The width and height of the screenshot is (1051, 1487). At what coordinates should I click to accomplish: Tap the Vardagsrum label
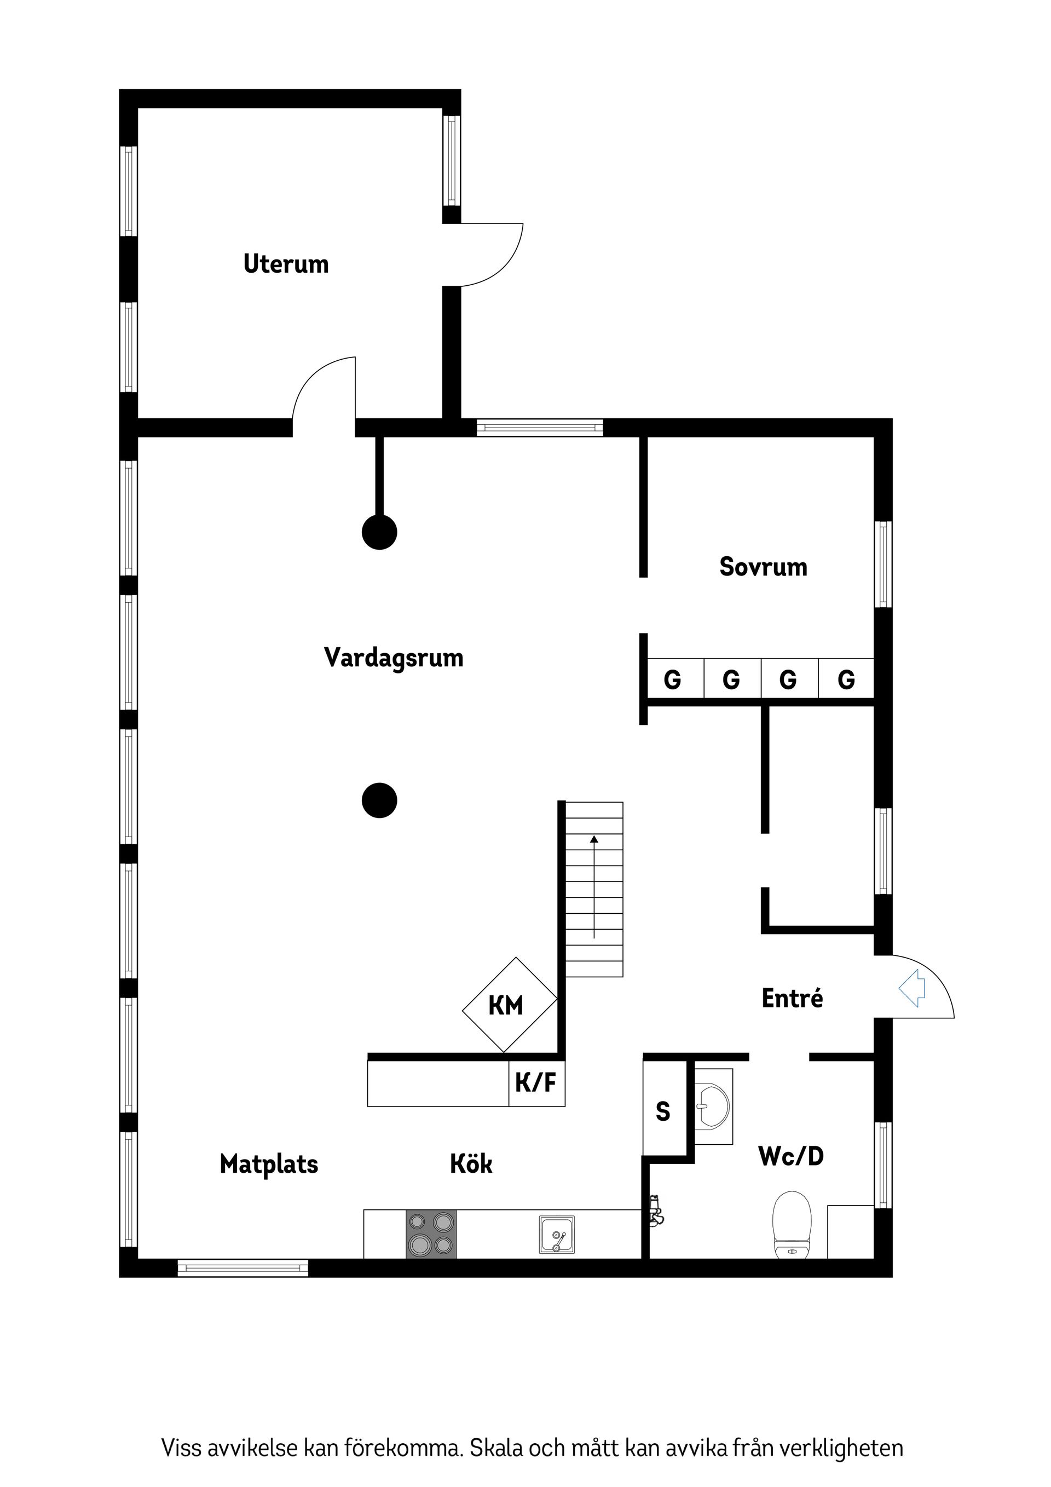pyautogui.click(x=394, y=658)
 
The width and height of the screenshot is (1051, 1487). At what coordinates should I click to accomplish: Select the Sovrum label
pyautogui.click(x=764, y=567)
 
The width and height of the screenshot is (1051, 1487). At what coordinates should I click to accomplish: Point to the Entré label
pyautogui.click(x=792, y=998)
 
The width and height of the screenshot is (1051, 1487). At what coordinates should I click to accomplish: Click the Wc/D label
pyautogui.click(x=790, y=1156)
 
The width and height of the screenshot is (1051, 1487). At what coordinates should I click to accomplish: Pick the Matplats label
pyautogui.click(x=269, y=1165)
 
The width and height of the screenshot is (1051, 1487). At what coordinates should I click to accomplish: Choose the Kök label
pyautogui.click(x=471, y=1164)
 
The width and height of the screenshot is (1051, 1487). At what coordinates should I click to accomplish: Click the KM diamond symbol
pyautogui.click(x=510, y=1005)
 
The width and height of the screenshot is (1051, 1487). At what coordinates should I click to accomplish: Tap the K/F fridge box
pyautogui.click(x=537, y=1082)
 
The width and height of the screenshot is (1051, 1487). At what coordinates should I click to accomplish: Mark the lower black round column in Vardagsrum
pyautogui.click(x=379, y=800)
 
